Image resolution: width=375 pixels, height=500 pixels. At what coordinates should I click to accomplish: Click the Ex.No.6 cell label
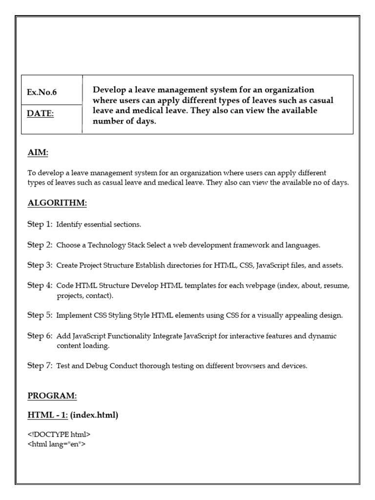tap(42, 92)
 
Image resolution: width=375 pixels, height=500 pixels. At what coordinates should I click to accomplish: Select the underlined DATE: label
tap(41, 114)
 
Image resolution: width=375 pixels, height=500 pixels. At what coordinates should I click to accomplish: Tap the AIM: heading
tap(38, 153)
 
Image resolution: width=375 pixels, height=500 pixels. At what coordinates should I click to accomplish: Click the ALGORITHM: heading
tap(57, 203)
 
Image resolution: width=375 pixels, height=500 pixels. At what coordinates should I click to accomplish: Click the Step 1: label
tap(40, 224)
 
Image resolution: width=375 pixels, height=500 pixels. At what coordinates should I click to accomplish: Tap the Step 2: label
tap(40, 245)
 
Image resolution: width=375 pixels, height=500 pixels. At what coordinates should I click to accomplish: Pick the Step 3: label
tap(40, 265)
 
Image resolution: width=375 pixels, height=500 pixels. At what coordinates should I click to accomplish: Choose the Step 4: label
tap(40, 285)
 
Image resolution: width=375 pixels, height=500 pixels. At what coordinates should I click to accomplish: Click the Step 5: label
tap(40, 315)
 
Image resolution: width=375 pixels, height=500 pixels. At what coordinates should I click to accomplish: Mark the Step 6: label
tap(40, 335)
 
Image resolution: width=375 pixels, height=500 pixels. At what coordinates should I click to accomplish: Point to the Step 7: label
tap(40, 365)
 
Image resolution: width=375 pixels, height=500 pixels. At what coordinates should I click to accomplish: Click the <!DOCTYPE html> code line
tap(59, 434)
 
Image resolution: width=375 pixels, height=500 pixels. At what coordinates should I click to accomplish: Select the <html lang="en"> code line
tap(57, 444)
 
